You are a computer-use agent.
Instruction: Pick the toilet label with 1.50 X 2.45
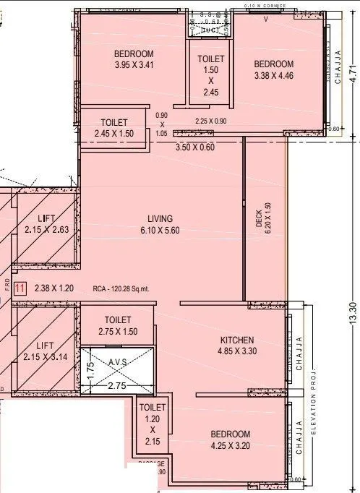pyautogui.click(x=210, y=75)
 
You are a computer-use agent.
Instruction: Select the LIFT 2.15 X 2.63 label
pyautogui.click(x=46, y=224)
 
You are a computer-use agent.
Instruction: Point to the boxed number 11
pyautogui.click(x=20, y=288)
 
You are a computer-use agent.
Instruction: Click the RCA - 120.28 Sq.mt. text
pyautogui.click(x=121, y=288)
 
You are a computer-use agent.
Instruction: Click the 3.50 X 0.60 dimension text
pyautogui.click(x=195, y=147)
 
